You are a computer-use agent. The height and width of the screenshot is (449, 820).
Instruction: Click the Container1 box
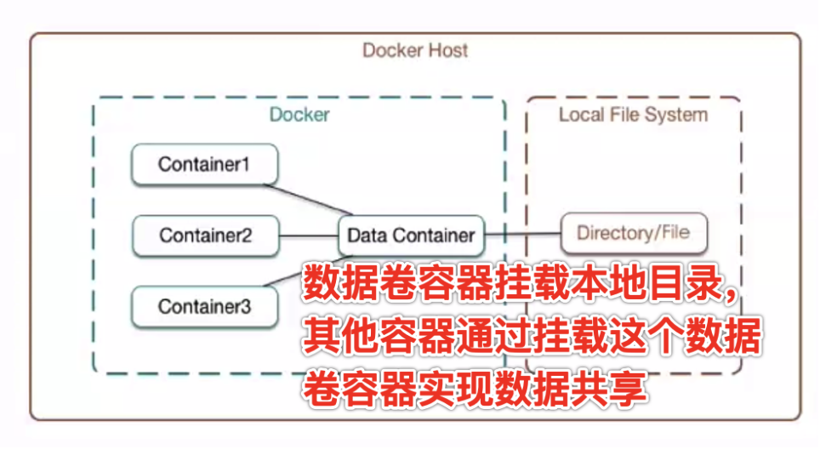[204, 165]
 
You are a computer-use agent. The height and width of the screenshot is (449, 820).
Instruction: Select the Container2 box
[206, 235]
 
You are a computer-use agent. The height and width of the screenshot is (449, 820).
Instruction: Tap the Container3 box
[205, 306]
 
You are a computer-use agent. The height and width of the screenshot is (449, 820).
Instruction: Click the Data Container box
[412, 235]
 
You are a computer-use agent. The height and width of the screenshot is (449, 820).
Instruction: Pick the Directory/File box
[633, 232]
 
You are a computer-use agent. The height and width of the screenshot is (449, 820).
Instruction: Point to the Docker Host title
[415, 49]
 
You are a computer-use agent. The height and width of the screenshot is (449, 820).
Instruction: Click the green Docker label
[299, 114]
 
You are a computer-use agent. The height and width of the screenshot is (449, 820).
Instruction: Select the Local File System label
[633, 114]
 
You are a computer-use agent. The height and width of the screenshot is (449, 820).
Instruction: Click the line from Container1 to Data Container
[315, 198]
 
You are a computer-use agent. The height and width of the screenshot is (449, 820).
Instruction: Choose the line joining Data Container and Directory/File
[523, 233]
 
